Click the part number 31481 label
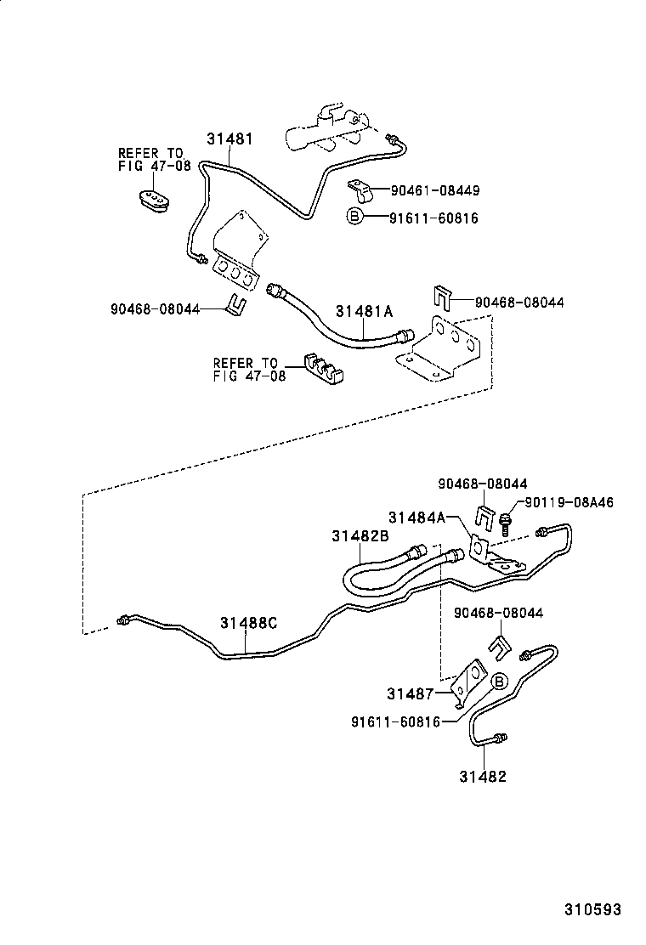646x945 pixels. coord(229,139)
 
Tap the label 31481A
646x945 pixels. coord(364,311)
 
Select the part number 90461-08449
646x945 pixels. coord(435,190)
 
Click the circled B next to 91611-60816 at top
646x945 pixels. coord(355,216)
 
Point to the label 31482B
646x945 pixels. coord(360,535)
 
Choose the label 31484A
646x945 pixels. coord(416,517)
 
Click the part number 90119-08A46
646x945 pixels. coord(569,502)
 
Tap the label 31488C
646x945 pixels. coord(248,623)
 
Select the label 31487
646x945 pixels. coord(410,693)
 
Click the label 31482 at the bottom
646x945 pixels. coord(483,776)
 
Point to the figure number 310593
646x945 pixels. coord(592,908)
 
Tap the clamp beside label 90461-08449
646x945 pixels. coord(360,190)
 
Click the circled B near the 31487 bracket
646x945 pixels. coord(500,681)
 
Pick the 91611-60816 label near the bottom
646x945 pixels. coord(396,721)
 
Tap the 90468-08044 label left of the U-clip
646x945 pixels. coord(155,308)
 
